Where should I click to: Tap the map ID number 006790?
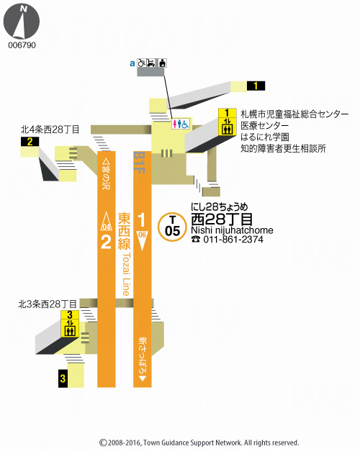(22, 45)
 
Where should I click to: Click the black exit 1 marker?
(256, 86)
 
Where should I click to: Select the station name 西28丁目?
(222, 218)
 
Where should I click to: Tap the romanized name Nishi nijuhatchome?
(232, 230)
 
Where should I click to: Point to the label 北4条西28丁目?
(50, 130)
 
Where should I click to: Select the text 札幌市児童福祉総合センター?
(294, 114)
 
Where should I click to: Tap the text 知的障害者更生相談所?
(283, 149)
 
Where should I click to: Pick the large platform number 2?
(106, 242)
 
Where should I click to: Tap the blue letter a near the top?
(132, 63)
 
